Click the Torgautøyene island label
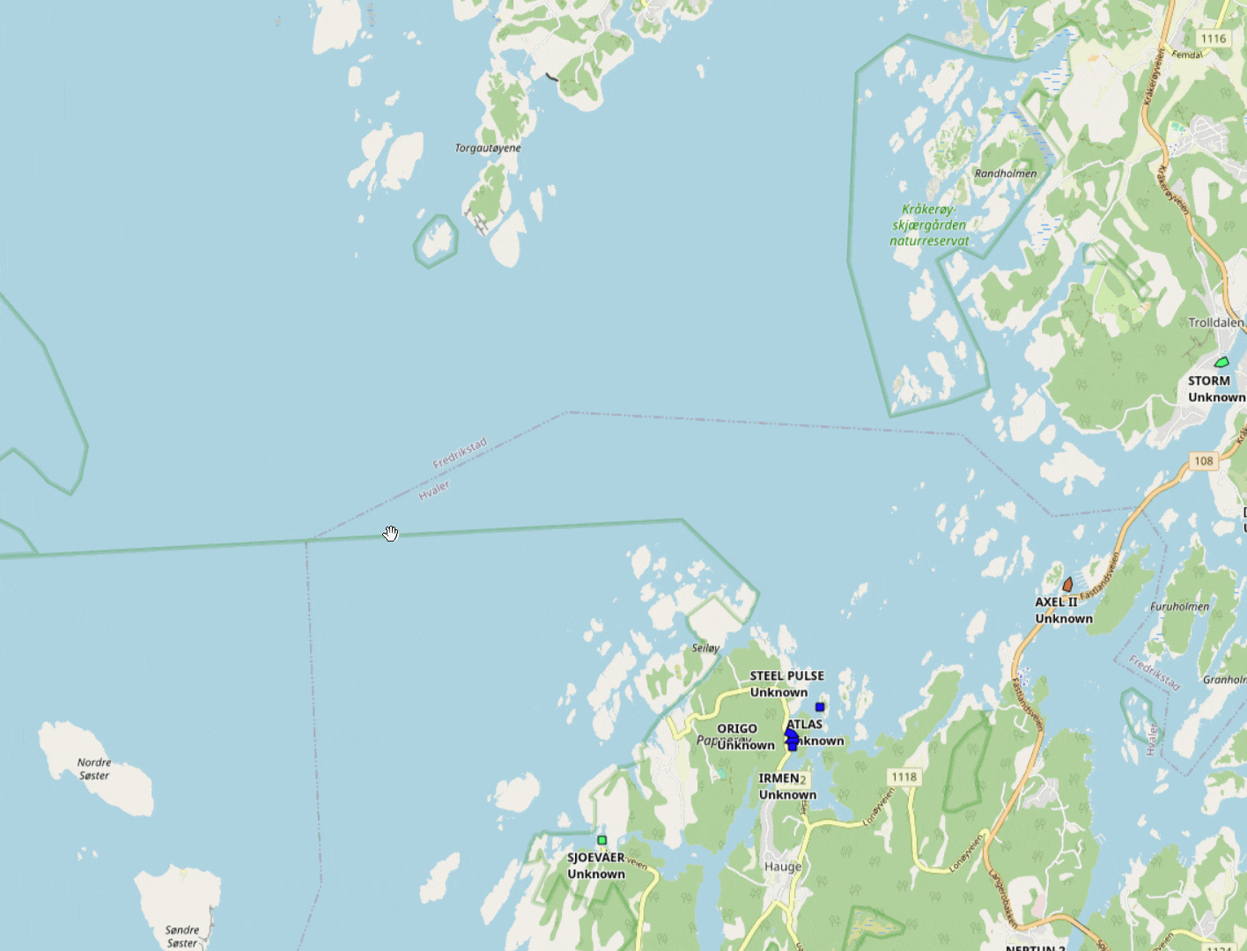pyautogui.click(x=487, y=148)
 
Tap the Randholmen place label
pyautogui.click(x=1005, y=173)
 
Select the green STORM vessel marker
pyautogui.click(x=1221, y=362)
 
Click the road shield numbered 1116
pyautogui.click(x=1213, y=38)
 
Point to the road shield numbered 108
pyautogui.click(x=1203, y=461)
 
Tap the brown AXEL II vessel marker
pyautogui.click(x=1067, y=585)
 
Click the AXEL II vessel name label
pyautogui.click(x=1056, y=602)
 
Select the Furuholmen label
pyautogui.click(x=1179, y=607)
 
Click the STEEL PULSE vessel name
pyautogui.click(x=786, y=676)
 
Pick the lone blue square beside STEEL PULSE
pyautogui.click(x=820, y=707)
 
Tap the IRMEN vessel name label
pyautogui.click(x=778, y=778)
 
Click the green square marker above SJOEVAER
pyautogui.click(x=602, y=840)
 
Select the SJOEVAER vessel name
pyautogui.click(x=595, y=858)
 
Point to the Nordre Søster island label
pyautogui.click(x=94, y=769)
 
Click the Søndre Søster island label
pyautogui.click(x=182, y=936)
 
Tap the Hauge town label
pyautogui.click(x=783, y=866)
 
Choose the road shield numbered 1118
pyautogui.click(x=904, y=777)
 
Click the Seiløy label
pyautogui.click(x=705, y=648)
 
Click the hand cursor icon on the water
pyautogui.click(x=391, y=534)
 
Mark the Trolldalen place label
pyautogui.click(x=1215, y=322)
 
